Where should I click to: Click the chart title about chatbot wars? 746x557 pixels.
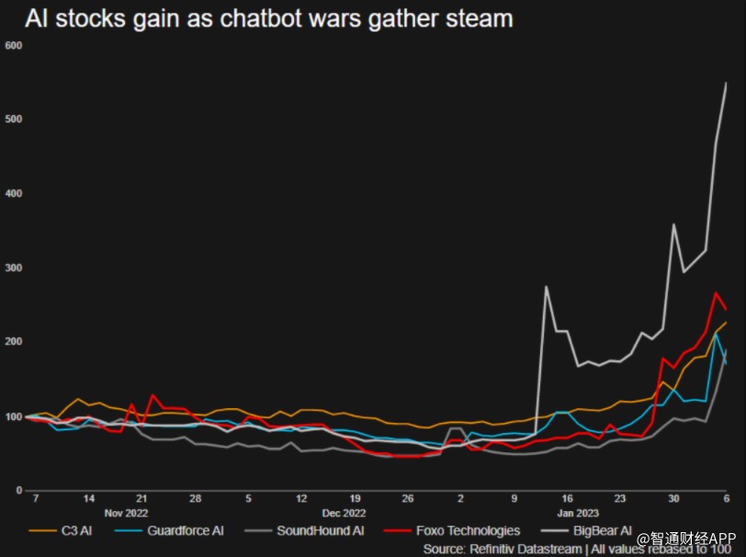pyautogui.click(x=268, y=18)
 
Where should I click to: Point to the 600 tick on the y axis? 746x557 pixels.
pyautogui.click(x=13, y=45)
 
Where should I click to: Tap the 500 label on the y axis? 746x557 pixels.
pyautogui.click(x=13, y=119)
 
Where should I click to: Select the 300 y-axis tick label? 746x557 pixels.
pyautogui.click(x=13, y=267)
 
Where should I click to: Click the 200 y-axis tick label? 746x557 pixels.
pyautogui.click(x=13, y=342)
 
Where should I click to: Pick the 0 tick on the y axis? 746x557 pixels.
pyautogui.click(x=18, y=491)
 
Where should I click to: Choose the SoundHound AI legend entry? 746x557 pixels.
pyautogui.click(x=309, y=530)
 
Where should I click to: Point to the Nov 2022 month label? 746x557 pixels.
pyautogui.click(x=126, y=513)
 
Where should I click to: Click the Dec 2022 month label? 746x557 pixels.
pyautogui.click(x=345, y=513)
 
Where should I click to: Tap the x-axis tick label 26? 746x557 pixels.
pyautogui.click(x=408, y=497)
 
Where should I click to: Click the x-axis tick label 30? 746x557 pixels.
pyautogui.click(x=673, y=497)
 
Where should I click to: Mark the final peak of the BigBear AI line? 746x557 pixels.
pyautogui.click(x=726, y=84)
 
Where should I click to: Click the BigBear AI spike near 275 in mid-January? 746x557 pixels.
pyautogui.click(x=547, y=287)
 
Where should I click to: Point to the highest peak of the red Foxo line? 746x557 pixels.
pyautogui.click(x=716, y=293)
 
